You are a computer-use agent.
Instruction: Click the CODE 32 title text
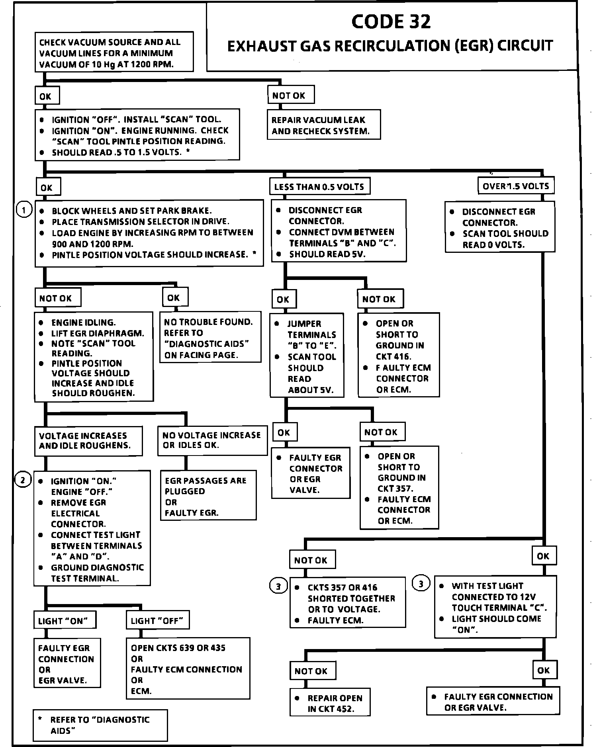click(x=391, y=22)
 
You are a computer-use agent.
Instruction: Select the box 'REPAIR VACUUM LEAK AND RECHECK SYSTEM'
click(x=323, y=125)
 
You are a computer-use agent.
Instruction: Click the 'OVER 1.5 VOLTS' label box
click(x=516, y=186)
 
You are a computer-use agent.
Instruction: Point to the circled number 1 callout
click(x=24, y=209)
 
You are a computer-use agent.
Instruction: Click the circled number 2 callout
click(x=23, y=480)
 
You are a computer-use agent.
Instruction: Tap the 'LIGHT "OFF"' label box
click(x=158, y=620)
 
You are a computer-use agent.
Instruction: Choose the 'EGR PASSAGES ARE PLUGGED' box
click(x=208, y=496)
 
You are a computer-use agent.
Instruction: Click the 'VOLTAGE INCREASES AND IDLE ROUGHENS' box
click(x=88, y=441)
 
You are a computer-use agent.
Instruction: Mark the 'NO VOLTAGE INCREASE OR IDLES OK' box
click(x=212, y=440)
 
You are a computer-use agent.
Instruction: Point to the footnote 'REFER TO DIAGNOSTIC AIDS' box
click(x=100, y=725)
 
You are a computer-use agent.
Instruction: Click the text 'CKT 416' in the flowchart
click(x=393, y=356)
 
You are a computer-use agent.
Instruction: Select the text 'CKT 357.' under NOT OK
click(x=395, y=488)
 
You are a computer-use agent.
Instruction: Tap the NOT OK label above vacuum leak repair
click(x=290, y=96)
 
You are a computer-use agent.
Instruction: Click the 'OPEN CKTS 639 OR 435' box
click(x=188, y=669)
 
